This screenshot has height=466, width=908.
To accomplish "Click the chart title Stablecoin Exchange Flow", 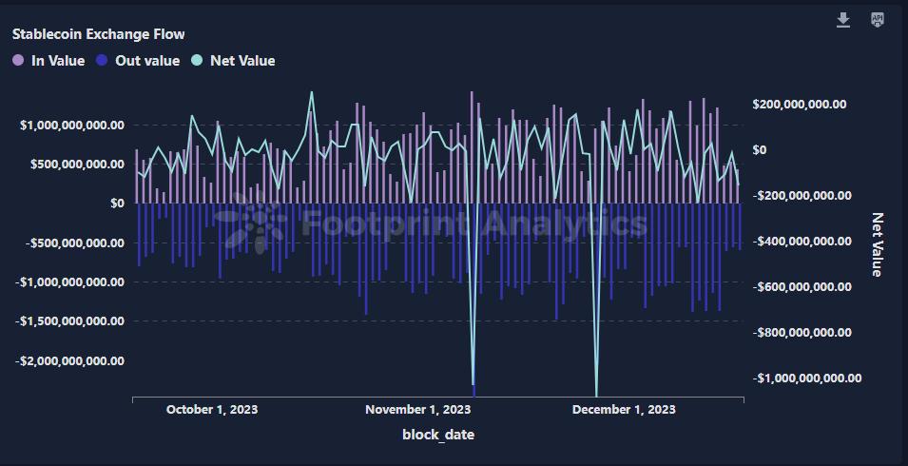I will point(98,34).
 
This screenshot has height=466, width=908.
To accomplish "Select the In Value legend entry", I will point(48,61).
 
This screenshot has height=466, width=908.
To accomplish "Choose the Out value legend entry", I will point(138,61).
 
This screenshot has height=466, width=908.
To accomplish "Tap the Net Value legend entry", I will point(233,61).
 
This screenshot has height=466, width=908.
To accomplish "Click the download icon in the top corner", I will point(842,20).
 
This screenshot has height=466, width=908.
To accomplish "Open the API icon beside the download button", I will point(878,20).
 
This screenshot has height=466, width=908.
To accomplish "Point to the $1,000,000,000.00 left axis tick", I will point(70,125).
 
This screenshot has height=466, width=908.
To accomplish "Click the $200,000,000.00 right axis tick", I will point(800,104).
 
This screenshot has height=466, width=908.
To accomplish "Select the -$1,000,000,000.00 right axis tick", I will point(806,379).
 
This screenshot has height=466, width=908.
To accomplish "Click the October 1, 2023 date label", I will point(211,410).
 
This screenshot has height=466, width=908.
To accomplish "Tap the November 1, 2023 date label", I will point(417,410).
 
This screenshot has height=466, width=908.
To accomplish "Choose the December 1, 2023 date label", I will point(623,410).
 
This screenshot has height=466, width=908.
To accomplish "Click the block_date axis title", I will point(438,435).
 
